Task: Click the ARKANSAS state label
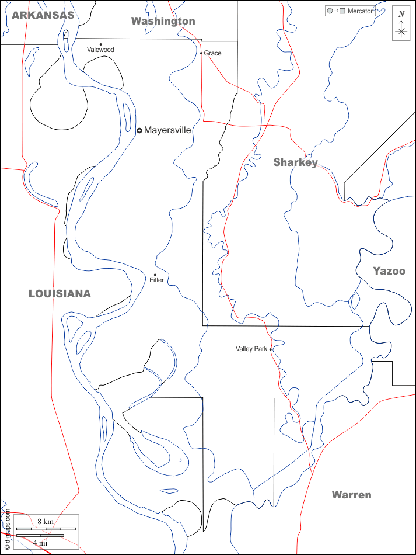[43, 15]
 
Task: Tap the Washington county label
[163, 21]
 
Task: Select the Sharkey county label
[296, 162]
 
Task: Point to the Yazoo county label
[389, 271]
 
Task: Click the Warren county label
[351, 495]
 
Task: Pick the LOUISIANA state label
[60, 294]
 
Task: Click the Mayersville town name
[167, 130]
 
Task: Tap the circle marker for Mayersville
[139, 130]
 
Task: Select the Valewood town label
[100, 50]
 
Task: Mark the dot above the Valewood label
[100, 44]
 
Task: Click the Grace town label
[213, 53]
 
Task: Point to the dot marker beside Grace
[201, 53]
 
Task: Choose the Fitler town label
[157, 280]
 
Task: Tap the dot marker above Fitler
[155, 275]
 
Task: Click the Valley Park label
[251, 349]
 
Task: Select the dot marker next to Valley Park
[271, 349]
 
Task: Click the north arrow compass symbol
[401, 26]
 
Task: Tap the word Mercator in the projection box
[360, 11]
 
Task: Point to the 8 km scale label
[46, 521]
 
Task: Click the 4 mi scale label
[40, 542]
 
